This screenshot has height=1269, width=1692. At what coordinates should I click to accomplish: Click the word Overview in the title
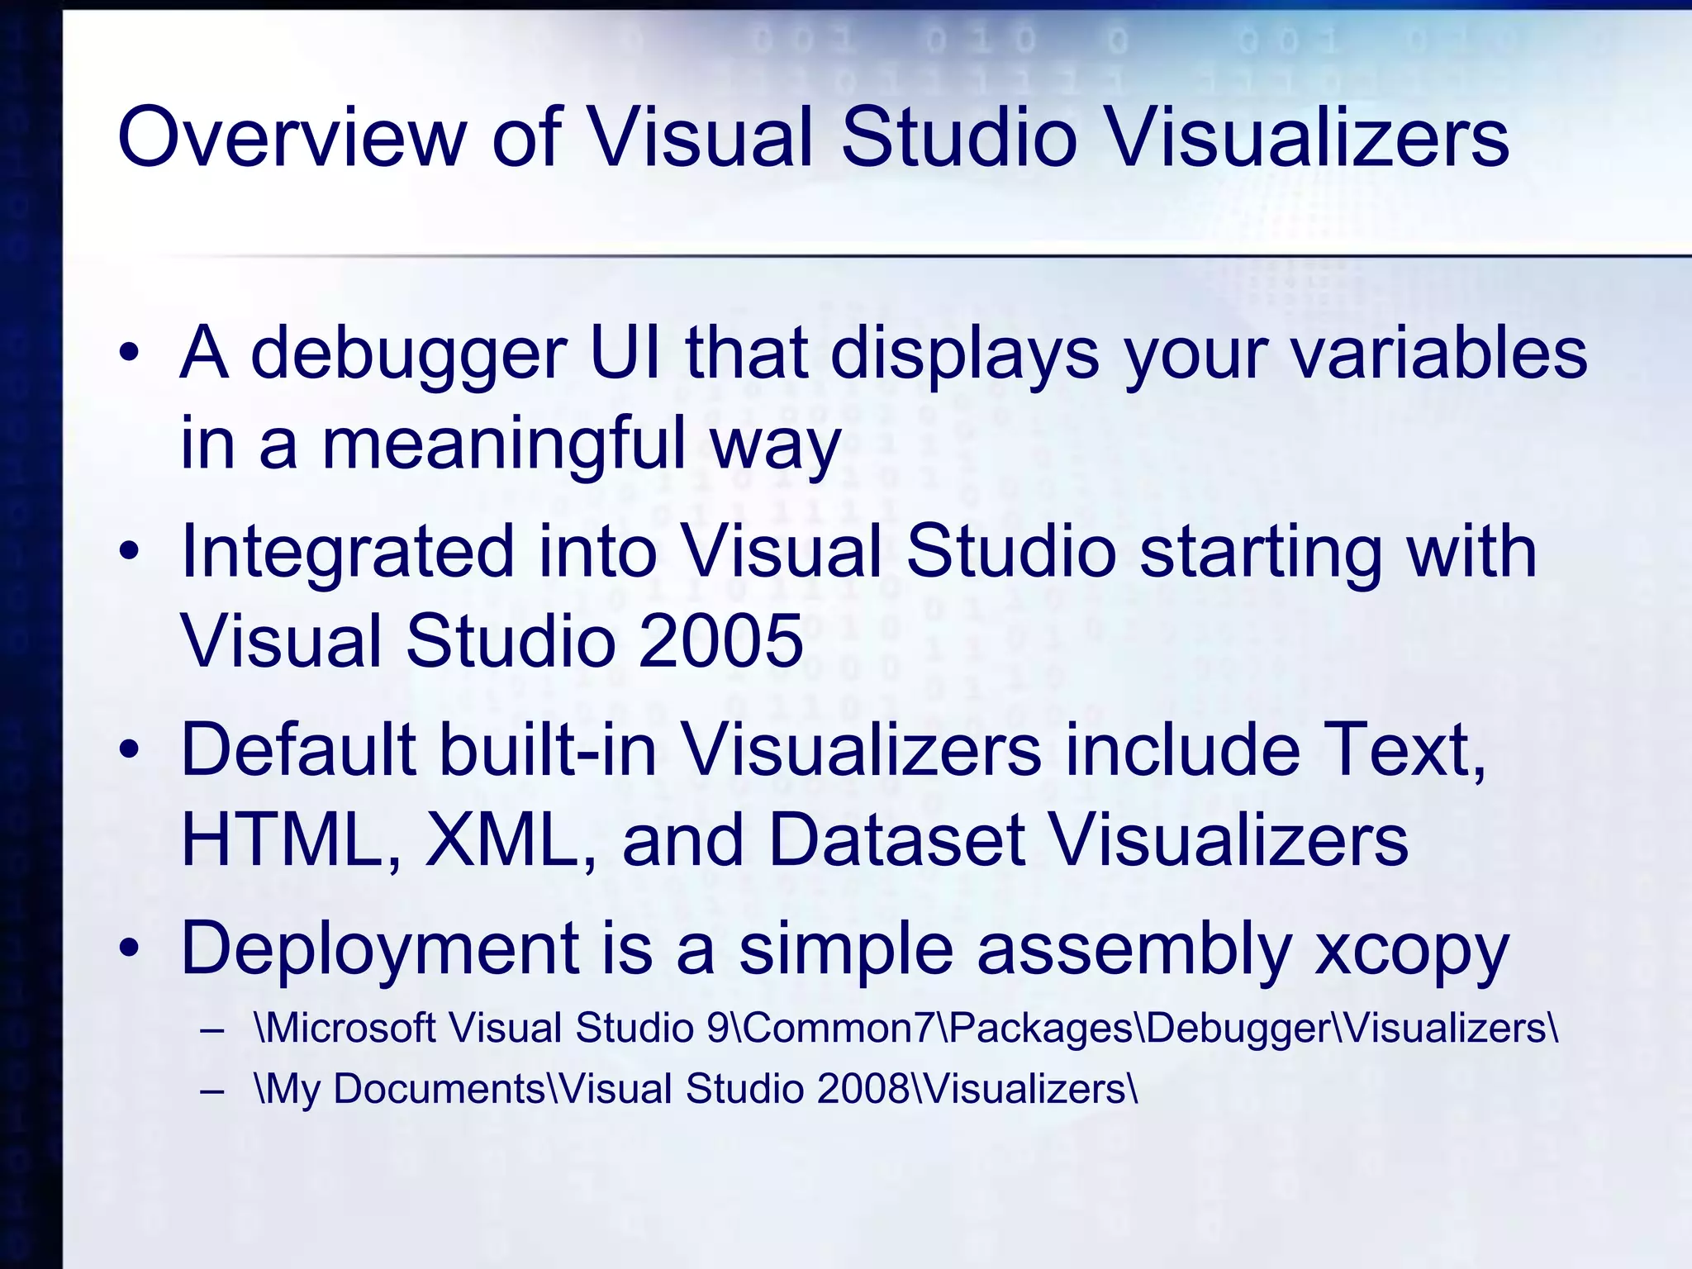pos(293,136)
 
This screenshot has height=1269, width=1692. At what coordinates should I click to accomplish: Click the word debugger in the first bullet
pos(408,354)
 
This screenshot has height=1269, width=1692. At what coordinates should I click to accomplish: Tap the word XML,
pos(510,840)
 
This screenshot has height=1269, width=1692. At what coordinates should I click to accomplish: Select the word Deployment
pos(379,950)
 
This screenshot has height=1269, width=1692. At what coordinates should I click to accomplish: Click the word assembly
pos(1134,950)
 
